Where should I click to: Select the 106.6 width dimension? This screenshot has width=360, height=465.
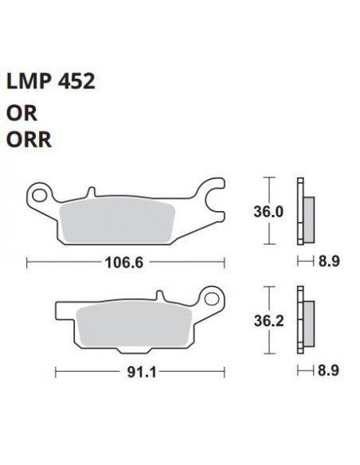pyautogui.click(x=125, y=260)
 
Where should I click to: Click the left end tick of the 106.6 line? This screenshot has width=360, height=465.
pyautogui.click(x=27, y=260)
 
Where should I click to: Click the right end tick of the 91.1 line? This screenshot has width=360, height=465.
pyautogui.click(x=222, y=371)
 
